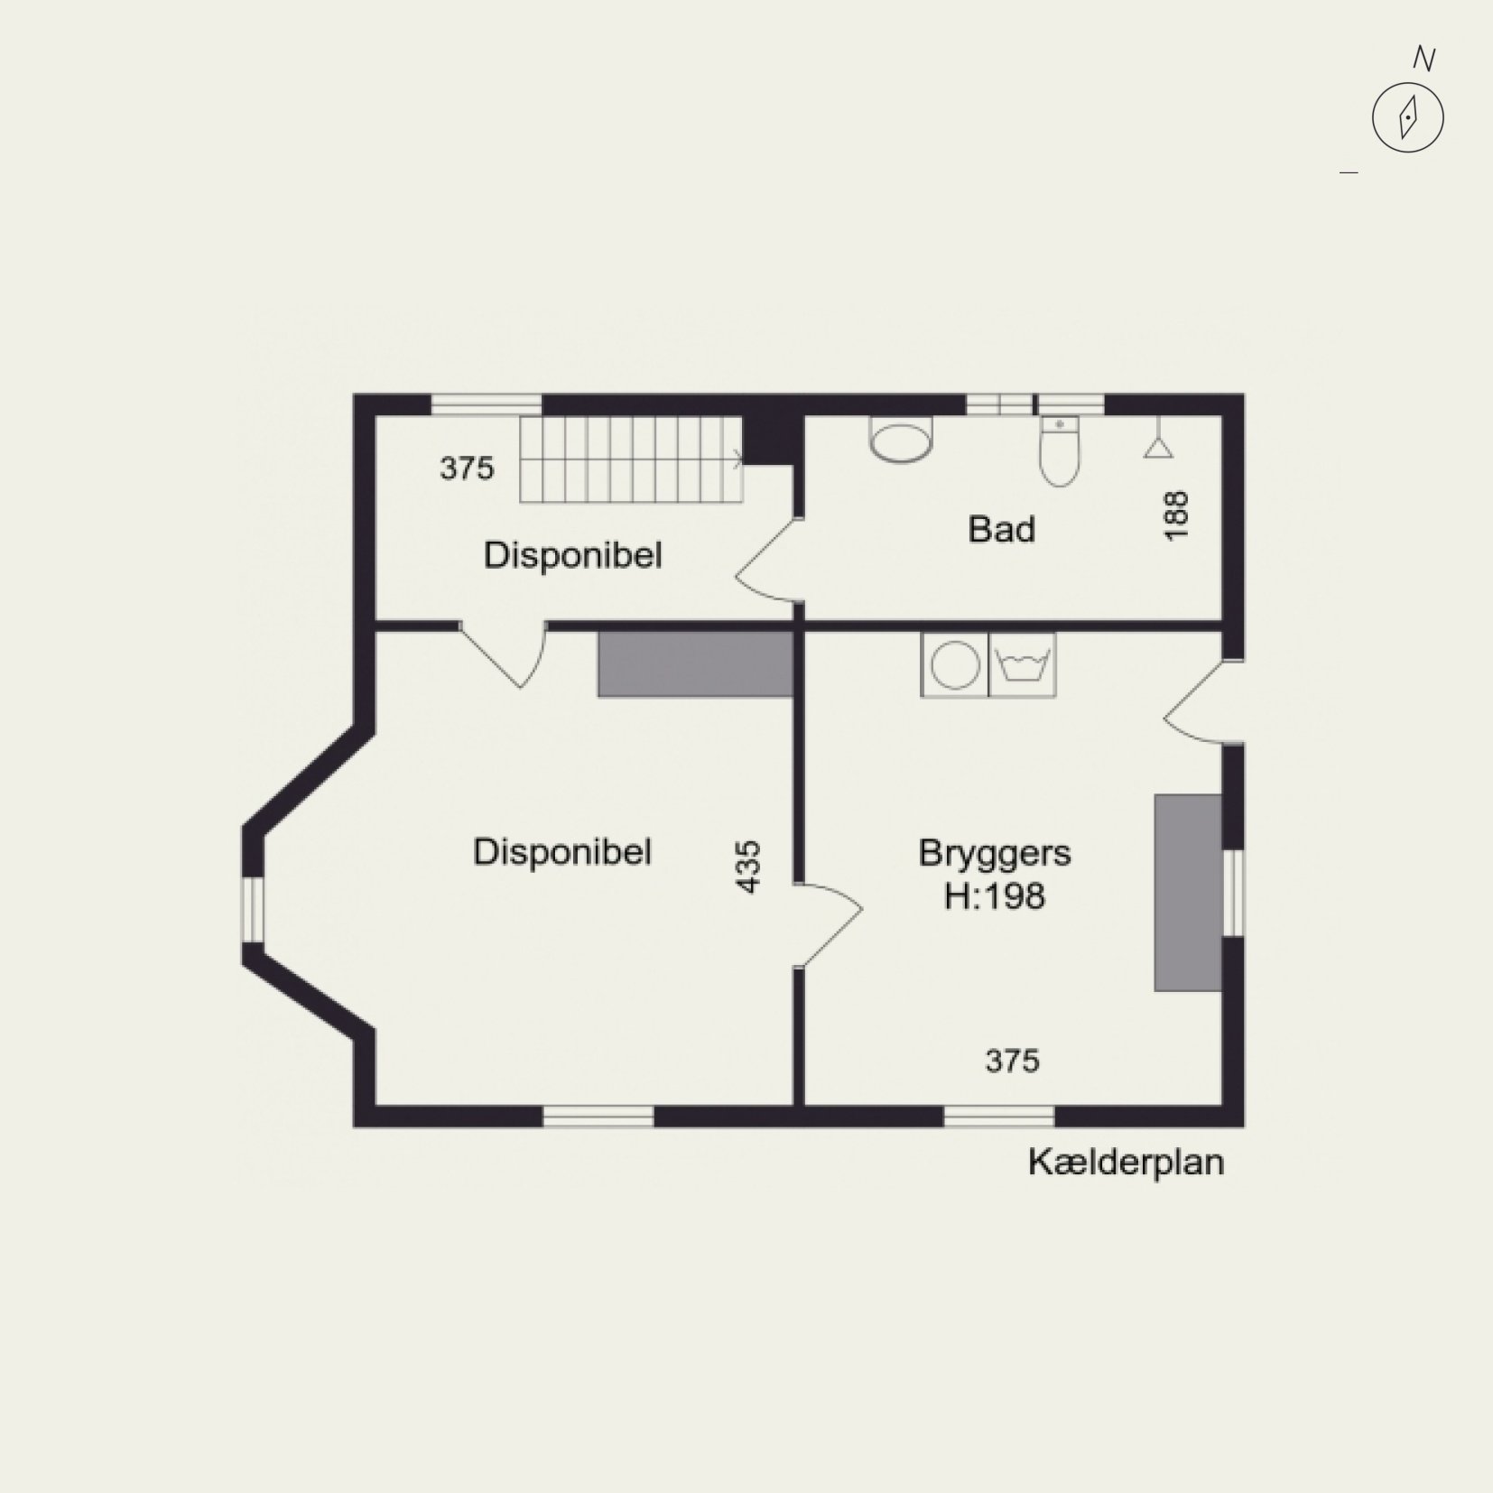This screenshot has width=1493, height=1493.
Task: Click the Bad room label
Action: [x=1001, y=529]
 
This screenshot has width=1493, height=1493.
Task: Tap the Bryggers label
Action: [x=995, y=853]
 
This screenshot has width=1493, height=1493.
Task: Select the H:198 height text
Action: [x=995, y=896]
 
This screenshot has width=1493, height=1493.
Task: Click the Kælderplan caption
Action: [x=1126, y=1163]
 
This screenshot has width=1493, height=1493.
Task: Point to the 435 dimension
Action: [x=749, y=867]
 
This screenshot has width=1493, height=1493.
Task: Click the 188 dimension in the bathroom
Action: [x=1177, y=515]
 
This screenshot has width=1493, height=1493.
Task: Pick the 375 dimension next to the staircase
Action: [x=467, y=468]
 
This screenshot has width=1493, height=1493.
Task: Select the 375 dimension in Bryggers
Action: [x=1012, y=1061]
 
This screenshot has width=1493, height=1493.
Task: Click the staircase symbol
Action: [x=631, y=459]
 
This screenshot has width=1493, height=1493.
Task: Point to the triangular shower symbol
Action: [x=1158, y=445]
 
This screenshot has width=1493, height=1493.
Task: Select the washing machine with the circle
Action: [x=955, y=664]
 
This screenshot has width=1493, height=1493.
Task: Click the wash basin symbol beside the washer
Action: [x=1023, y=664]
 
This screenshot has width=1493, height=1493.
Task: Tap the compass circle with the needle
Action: [x=1407, y=117]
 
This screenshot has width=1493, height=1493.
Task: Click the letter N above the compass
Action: [x=1423, y=59]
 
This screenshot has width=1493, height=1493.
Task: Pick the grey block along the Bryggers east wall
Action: [x=1188, y=893]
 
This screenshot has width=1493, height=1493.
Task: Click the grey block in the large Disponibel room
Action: [x=695, y=663]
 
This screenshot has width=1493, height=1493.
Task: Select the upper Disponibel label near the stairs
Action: [x=572, y=555]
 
